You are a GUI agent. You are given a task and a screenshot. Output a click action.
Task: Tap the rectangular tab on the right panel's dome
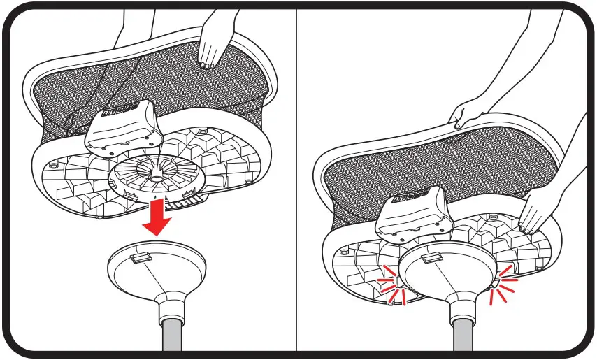click(x=431, y=258)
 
